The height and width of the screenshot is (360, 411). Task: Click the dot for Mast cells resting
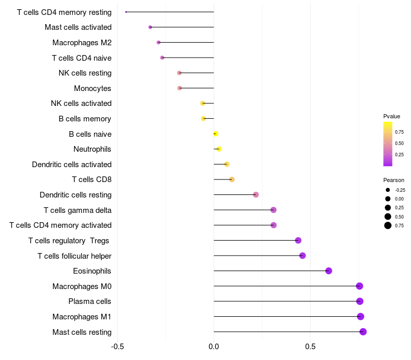point(363,332)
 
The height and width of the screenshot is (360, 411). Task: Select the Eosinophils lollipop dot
point(329,271)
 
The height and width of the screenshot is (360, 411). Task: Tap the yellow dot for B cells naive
point(216,134)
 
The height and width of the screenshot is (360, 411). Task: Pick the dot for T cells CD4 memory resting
point(126,12)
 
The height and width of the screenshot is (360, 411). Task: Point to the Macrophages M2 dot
point(158,42)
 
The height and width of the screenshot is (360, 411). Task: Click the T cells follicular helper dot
point(303,256)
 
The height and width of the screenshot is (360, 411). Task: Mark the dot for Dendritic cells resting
point(256,194)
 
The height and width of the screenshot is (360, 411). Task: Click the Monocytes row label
point(92,88)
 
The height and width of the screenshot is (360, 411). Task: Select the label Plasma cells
point(90,301)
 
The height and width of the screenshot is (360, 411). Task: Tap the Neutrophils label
point(92,149)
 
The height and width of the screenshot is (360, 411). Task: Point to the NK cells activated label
point(81,103)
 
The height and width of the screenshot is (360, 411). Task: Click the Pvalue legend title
point(391,116)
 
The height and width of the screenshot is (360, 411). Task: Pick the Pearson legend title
point(394,180)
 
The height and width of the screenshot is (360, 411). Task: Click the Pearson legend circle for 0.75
point(388,225)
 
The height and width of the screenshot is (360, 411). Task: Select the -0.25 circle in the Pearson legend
point(388,190)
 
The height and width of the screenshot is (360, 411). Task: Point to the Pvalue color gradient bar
point(388,144)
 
